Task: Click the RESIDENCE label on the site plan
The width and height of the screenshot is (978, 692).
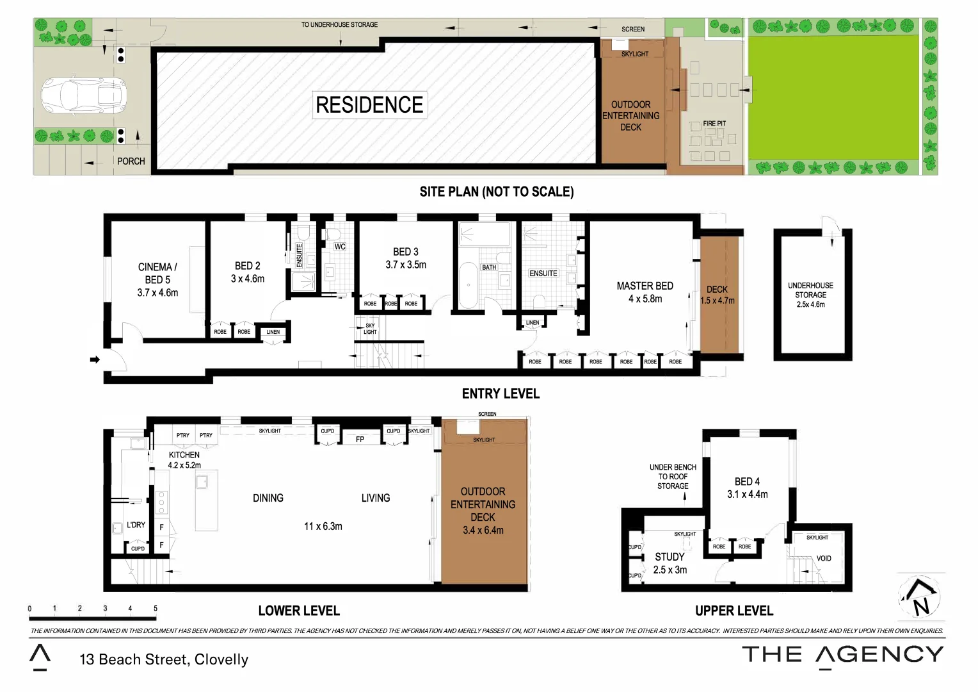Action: pyautogui.click(x=369, y=105)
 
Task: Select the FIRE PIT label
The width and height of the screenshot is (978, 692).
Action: pyautogui.click(x=714, y=124)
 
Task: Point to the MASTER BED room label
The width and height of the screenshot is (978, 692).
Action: pyautogui.click(x=645, y=286)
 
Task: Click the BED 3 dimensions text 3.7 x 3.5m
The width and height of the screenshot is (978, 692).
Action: pyautogui.click(x=406, y=265)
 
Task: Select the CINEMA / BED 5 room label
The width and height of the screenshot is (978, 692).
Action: pyautogui.click(x=157, y=273)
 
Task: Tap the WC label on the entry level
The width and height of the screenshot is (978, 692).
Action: pyautogui.click(x=340, y=247)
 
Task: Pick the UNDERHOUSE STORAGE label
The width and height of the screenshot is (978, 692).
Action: pyautogui.click(x=810, y=290)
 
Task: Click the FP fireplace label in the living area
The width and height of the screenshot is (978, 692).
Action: pyautogui.click(x=360, y=440)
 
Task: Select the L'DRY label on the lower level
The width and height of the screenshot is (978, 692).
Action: pyautogui.click(x=136, y=525)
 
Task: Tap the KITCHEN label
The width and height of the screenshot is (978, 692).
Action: pyautogui.click(x=184, y=455)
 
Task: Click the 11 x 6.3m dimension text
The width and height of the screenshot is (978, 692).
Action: pyautogui.click(x=323, y=527)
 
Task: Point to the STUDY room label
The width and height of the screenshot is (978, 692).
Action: pyautogui.click(x=669, y=557)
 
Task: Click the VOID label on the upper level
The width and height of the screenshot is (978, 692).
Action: pyautogui.click(x=824, y=559)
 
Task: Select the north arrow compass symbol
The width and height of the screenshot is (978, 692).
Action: pyautogui.click(x=920, y=598)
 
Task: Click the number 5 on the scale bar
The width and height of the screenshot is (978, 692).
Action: pyautogui.click(x=156, y=609)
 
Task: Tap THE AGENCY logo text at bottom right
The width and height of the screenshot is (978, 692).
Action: pyautogui.click(x=842, y=655)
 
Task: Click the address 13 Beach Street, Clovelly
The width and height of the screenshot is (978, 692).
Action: pyautogui.click(x=164, y=659)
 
